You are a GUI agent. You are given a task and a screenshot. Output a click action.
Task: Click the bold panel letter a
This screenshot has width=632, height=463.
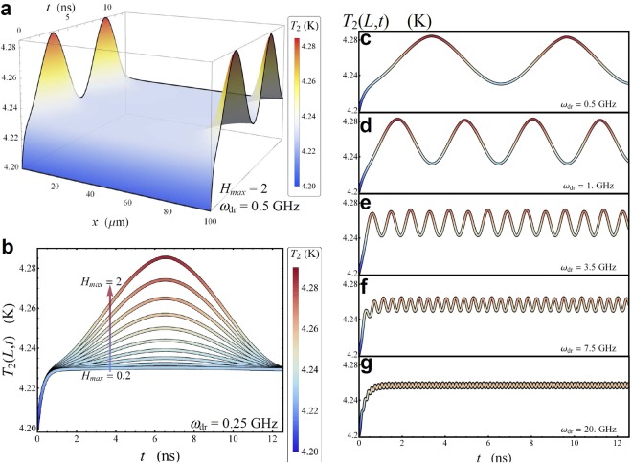[9, 9]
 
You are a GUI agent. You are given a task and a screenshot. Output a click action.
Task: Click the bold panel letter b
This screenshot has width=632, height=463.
[9, 246]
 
